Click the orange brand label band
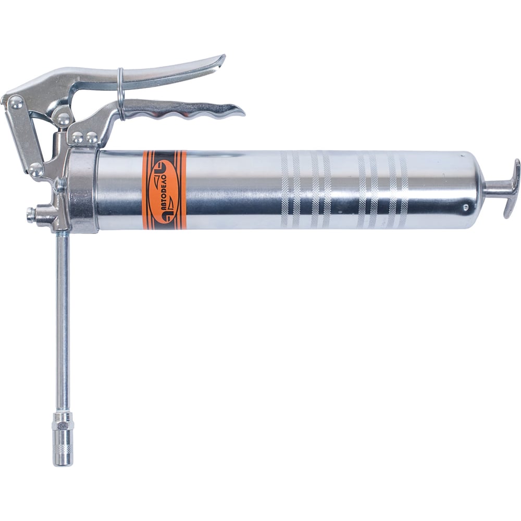164,190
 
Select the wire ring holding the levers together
121,94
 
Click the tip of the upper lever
222,58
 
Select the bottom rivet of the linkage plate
36,169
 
